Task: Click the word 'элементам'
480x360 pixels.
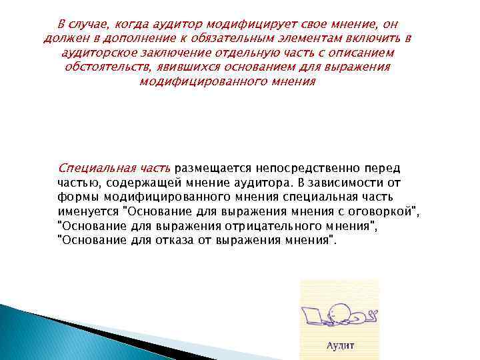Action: click(x=297, y=38)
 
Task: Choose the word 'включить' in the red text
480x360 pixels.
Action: click(x=368, y=38)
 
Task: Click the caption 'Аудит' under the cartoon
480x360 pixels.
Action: click(x=340, y=345)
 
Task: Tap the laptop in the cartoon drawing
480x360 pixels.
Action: click(x=313, y=314)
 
